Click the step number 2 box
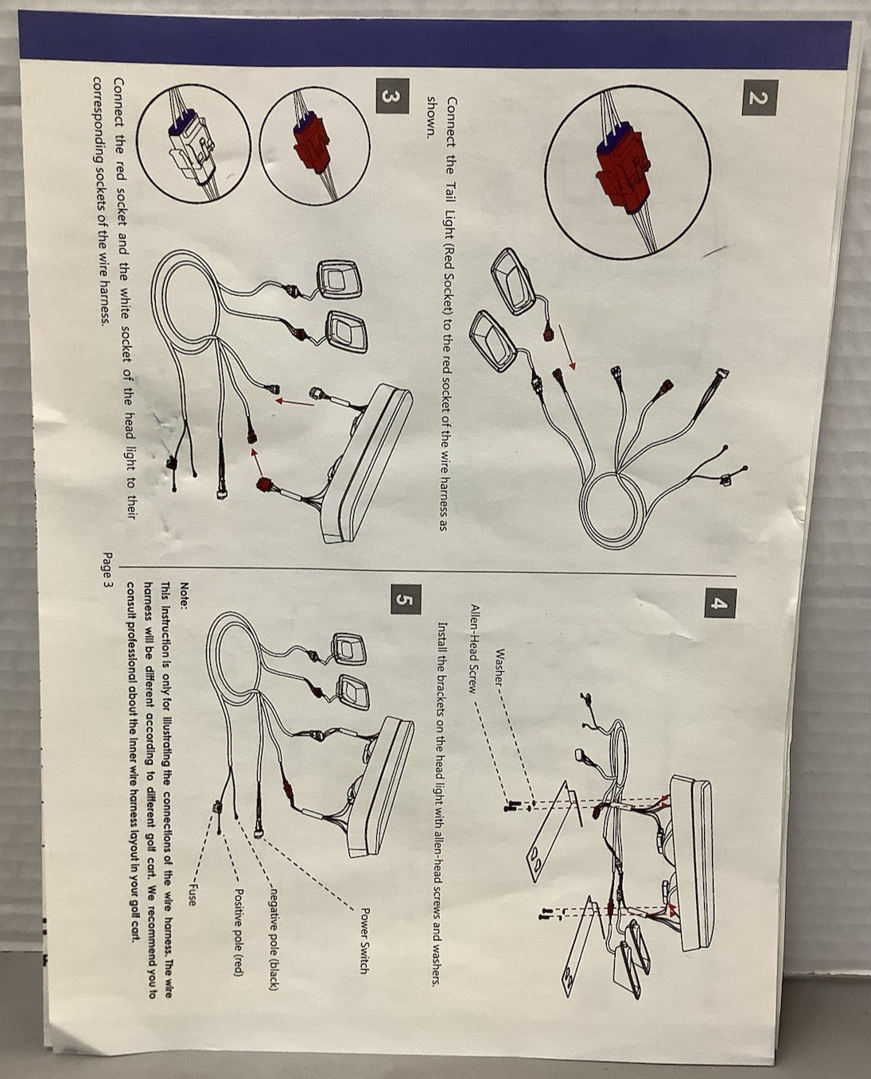click(760, 98)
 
